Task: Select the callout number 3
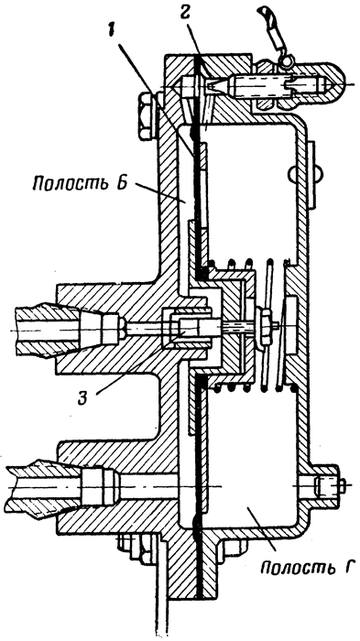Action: pos(84,398)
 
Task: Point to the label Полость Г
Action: pos(306,568)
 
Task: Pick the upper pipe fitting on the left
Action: pos(69,327)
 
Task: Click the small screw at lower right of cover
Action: pos(327,486)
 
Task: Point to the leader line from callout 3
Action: pos(130,366)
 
